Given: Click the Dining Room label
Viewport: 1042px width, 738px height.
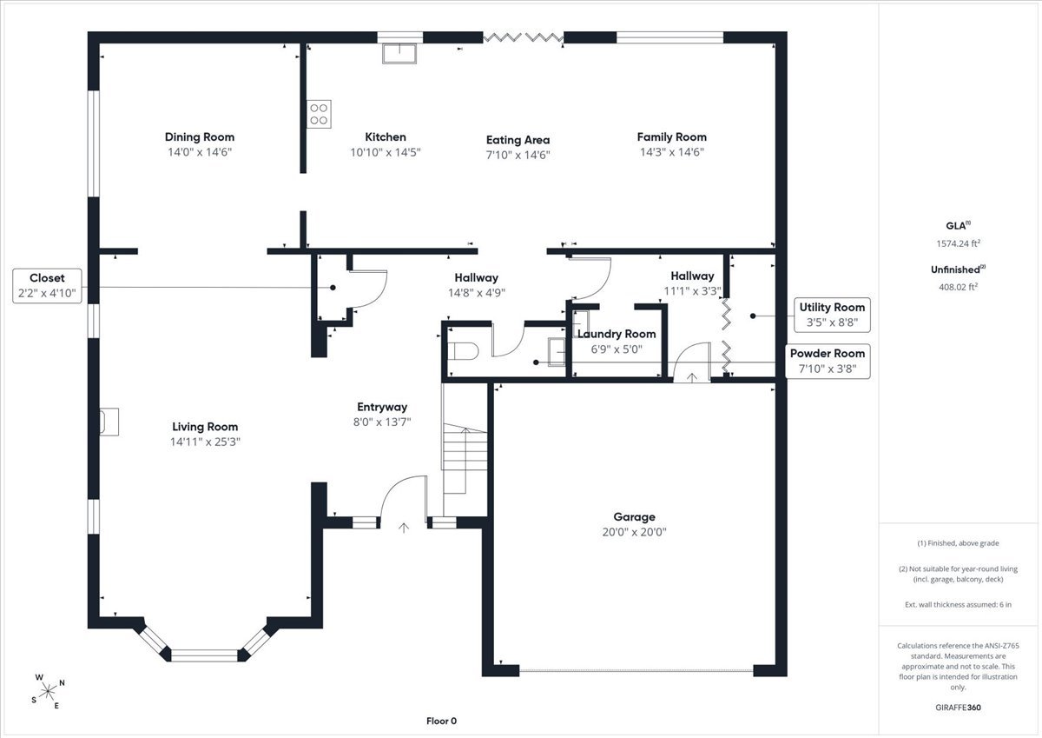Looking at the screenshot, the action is [x=200, y=136].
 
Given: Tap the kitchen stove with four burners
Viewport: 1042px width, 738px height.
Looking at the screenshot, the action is [x=319, y=114].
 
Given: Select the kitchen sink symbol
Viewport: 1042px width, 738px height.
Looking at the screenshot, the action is [x=399, y=54].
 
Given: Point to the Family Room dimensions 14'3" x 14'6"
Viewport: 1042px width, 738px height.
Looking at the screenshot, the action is [x=672, y=152].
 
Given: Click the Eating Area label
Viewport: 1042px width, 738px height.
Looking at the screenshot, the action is [x=518, y=140].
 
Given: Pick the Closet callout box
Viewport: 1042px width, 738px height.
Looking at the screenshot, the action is [x=47, y=286].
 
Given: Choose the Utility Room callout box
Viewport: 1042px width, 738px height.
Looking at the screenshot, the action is [x=832, y=315].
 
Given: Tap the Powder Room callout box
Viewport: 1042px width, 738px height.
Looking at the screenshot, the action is [x=827, y=361].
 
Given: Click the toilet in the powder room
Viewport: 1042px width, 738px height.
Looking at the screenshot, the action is [x=463, y=351].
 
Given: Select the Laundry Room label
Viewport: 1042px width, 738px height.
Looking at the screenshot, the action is [x=617, y=334].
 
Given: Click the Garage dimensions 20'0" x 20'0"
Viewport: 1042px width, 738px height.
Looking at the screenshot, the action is [x=634, y=532].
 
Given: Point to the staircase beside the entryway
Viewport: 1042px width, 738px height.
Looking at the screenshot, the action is [x=465, y=459].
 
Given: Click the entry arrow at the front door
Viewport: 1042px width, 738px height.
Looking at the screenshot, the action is [x=403, y=528].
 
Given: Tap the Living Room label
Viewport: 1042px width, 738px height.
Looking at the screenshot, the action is [x=205, y=427].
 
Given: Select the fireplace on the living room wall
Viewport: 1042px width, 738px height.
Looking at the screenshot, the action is [x=109, y=422].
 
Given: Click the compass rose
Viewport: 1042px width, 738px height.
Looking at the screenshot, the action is [x=48, y=691].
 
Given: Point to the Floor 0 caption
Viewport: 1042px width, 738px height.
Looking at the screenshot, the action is [x=441, y=721].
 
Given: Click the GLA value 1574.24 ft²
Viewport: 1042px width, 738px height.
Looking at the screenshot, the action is [x=959, y=243].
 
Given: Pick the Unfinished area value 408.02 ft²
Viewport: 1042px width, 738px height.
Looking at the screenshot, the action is [x=959, y=287].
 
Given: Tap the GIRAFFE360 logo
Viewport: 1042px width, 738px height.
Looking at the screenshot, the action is [x=959, y=708].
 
